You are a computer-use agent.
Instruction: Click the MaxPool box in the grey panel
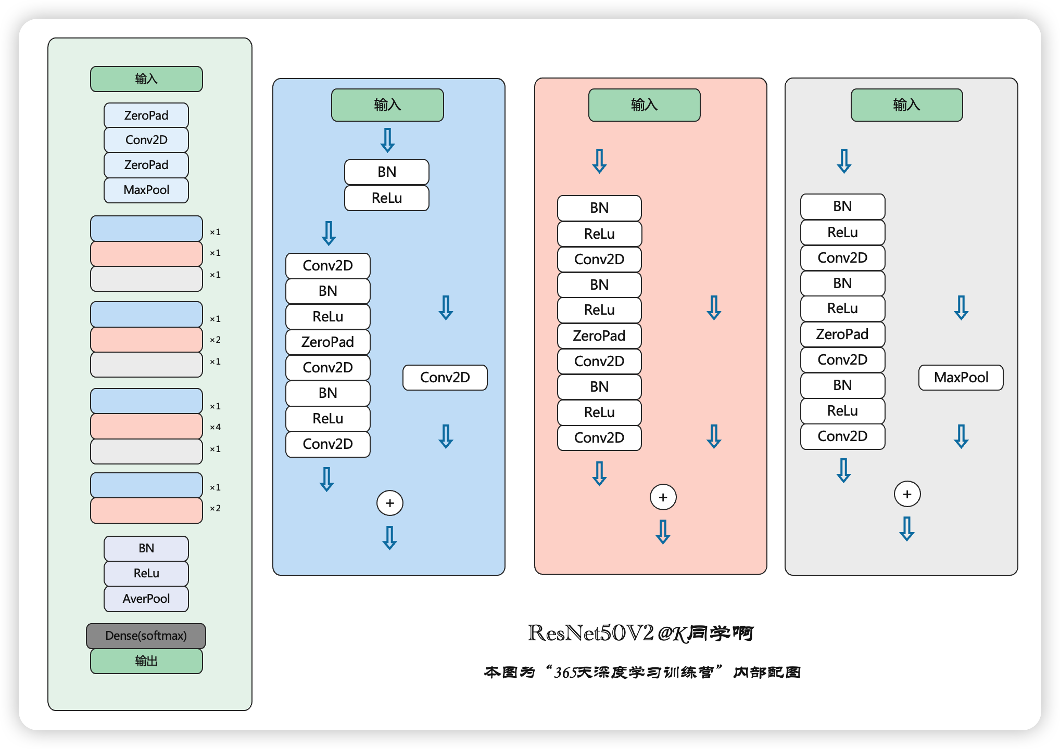[x=961, y=378]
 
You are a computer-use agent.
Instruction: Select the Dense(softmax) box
[x=146, y=636]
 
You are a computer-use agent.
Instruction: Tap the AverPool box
[x=146, y=599]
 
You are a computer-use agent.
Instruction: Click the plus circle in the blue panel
[x=390, y=503]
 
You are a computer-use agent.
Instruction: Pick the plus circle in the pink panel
[x=663, y=497]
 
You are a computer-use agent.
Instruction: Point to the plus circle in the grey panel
[x=907, y=494]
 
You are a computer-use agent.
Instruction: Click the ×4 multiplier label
[x=215, y=427]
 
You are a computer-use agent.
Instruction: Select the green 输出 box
[x=146, y=661]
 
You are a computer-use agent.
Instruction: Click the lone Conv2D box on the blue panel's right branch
[x=445, y=378]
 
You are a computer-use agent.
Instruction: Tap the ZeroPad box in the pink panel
[x=599, y=336]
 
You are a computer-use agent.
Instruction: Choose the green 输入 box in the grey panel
[x=906, y=105]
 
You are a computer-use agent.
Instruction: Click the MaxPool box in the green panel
[x=146, y=190]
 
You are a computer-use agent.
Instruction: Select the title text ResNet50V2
[x=590, y=633]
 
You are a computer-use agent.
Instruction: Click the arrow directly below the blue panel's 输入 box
[x=387, y=140]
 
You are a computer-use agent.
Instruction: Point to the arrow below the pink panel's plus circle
[x=663, y=532]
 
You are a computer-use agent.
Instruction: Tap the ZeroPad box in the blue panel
[x=327, y=342]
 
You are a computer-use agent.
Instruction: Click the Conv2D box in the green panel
[x=146, y=140]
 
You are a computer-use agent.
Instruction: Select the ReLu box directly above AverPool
[x=146, y=573]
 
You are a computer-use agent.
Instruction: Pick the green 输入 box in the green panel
[x=146, y=79]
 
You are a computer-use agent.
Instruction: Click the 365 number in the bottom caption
[x=565, y=673]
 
